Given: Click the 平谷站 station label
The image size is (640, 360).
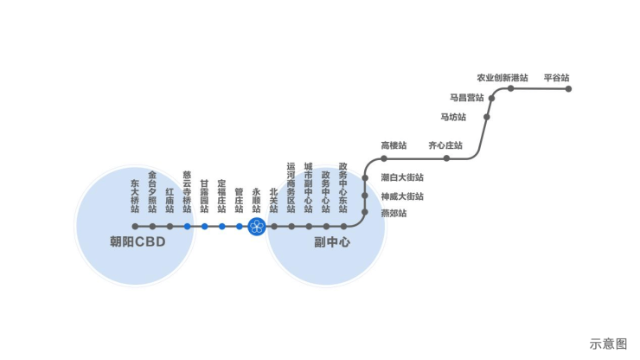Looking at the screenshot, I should click(556, 78).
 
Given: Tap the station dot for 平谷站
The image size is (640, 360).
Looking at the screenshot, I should click(568, 88).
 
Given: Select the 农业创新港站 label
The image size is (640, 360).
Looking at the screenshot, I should click(502, 78).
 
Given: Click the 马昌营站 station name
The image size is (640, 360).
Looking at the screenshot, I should click(466, 98).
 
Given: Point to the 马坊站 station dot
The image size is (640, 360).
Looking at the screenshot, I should click(487, 117).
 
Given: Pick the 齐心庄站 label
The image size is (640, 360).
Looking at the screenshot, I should click(445, 145).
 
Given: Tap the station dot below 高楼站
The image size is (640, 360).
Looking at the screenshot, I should click(384, 158).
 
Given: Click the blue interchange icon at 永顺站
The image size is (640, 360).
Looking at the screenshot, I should click(256, 227).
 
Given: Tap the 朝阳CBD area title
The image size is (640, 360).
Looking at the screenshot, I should click(138, 242).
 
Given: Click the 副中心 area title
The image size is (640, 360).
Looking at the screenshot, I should click(332, 242).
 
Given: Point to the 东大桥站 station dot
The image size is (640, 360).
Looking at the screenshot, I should click(135, 227).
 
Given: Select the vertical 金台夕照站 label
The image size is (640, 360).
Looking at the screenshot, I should click(152, 191).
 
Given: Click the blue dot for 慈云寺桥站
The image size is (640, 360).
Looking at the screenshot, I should click(187, 227).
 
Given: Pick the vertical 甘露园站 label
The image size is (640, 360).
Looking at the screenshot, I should click(204, 196).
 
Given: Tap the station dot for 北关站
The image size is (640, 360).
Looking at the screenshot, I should click(273, 227).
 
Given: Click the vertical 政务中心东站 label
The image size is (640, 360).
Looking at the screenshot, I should click(343, 187).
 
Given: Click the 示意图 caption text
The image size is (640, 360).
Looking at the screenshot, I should click(608, 343).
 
